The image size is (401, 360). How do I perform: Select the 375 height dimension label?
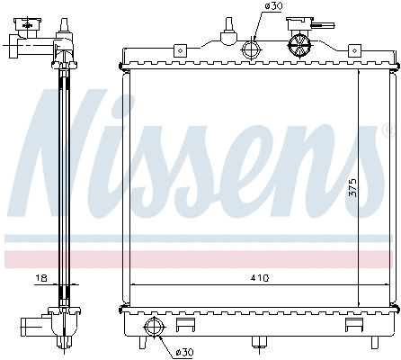pyautogui.click(x=353, y=187)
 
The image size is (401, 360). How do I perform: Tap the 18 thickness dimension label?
pyautogui.click(x=41, y=280)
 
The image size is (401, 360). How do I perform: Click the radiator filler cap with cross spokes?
pyautogui.click(x=299, y=43)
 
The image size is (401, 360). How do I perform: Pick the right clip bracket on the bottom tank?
pyautogui.click(x=353, y=323)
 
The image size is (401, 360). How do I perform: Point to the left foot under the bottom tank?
pyautogui.click(x=141, y=342)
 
